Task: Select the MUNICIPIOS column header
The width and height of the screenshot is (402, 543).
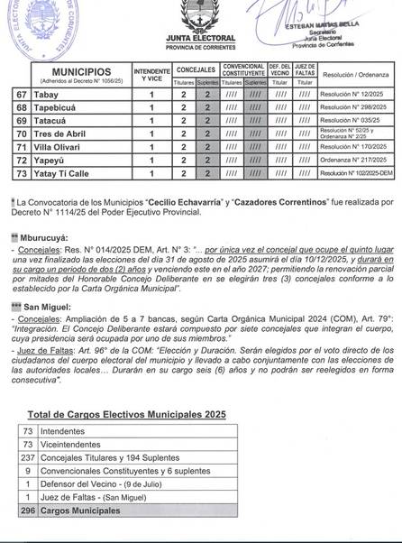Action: [81, 70]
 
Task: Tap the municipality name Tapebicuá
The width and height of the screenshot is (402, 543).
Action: [54, 107]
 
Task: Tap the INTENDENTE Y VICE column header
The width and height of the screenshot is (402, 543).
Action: [151, 70]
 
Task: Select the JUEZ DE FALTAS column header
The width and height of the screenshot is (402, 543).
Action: [306, 69]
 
